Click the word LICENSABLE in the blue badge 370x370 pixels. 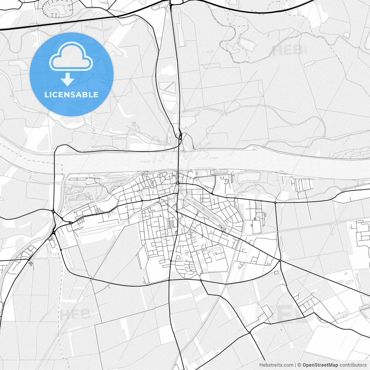pos(71,95)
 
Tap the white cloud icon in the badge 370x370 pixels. pos(71,57)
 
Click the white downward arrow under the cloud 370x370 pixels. pos(68,79)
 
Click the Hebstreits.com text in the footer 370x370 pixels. pos(276,365)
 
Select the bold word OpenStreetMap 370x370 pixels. pos(320,365)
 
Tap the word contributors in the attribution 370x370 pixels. pos(353,365)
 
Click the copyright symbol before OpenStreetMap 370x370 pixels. pos(299,365)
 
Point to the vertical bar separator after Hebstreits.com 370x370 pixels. pos(295,365)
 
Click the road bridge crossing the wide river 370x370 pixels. pos(179,161)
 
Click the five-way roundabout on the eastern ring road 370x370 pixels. pos(280,261)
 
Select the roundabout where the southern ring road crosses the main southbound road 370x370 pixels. pos(169,280)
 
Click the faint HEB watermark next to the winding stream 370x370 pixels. pos(288,50)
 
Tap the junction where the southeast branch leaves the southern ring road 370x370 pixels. pos(201,280)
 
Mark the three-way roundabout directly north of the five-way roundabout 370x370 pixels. pos(275,203)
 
